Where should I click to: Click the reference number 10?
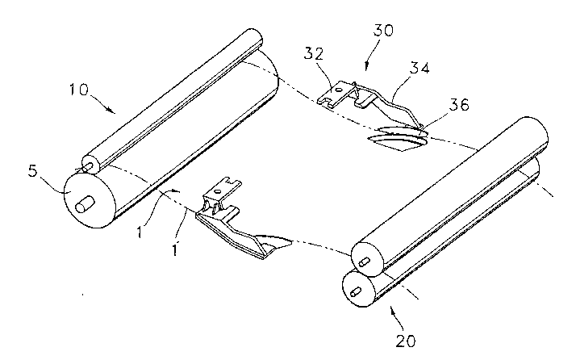(x=79, y=89)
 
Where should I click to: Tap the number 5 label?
(x=33, y=171)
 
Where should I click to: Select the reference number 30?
(x=383, y=31)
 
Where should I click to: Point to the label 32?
(x=314, y=53)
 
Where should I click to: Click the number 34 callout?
(x=420, y=68)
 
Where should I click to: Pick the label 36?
(x=459, y=105)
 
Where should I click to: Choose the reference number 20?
(x=406, y=341)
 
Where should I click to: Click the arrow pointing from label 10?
(x=103, y=103)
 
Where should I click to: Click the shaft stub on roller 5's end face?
(x=85, y=203)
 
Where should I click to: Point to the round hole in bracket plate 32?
(x=339, y=89)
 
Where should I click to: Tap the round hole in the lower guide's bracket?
(x=218, y=190)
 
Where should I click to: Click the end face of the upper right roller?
(x=367, y=259)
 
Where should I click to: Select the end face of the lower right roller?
(x=358, y=288)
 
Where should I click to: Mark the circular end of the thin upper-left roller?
(x=91, y=165)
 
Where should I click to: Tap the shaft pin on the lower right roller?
(x=356, y=291)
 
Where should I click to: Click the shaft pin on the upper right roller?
(x=365, y=262)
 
